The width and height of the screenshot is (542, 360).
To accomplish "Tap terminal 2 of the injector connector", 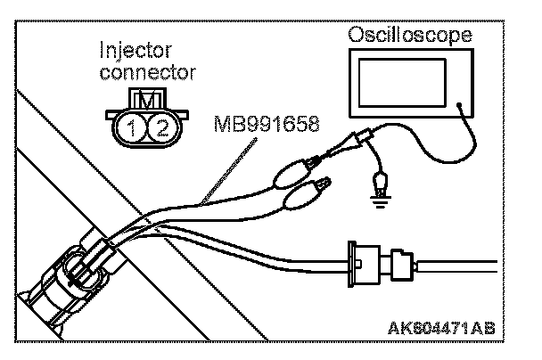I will (x=160, y=127).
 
